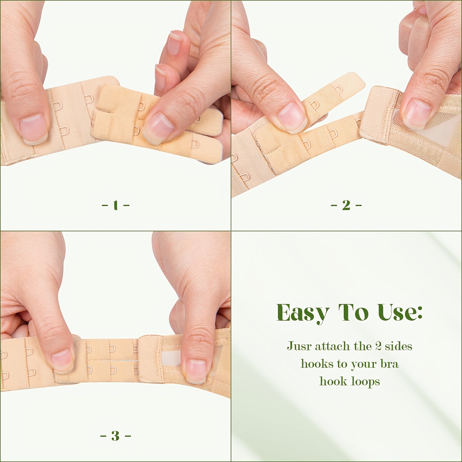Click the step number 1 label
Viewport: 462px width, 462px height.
coord(115,205)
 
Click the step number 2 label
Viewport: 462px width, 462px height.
coord(346,205)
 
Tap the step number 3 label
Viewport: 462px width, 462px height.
coord(115,436)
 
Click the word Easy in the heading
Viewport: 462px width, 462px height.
coord(303,313)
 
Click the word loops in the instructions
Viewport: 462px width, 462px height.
coord(365,382)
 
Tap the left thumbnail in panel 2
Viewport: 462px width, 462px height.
coord(292,118)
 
